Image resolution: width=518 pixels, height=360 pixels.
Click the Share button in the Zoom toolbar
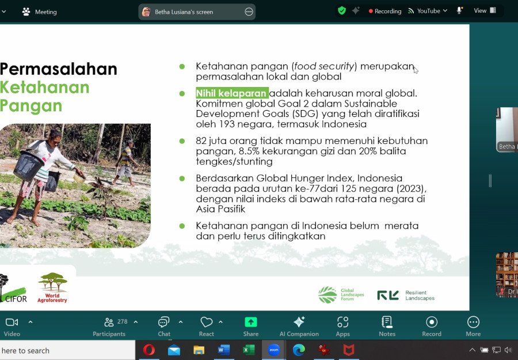click(x=251, y=326)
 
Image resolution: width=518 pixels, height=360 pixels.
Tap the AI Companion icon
click(x=299, y=322)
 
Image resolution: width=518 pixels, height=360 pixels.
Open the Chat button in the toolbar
click(x=164, y=326)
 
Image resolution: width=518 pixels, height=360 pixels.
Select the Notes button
click(x=387, y=326)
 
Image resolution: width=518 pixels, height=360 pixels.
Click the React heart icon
click(x=207, y=322)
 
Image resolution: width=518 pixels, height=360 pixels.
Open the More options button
click(x=473, y=326)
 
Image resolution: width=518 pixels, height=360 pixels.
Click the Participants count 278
click(x=122, y=321)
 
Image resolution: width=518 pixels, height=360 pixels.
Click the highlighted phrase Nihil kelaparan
click(x=231, y=93)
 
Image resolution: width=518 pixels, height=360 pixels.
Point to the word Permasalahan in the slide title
click(x=59, y=69)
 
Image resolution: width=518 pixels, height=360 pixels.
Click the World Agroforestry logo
click(x=52, y=287)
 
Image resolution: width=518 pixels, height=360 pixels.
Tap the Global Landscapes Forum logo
click(x=341, y=294)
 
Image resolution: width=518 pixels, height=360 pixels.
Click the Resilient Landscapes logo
click(x=406, y=295)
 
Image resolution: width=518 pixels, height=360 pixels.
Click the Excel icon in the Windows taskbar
click(x=249, y=350)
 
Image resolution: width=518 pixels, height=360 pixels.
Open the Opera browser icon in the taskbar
click(x=148, y=350)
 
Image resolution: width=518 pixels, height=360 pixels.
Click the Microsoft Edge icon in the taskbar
click(x=299, y=350)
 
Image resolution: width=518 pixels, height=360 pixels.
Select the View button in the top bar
click(x=485, y=10)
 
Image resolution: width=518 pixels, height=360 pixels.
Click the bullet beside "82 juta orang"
click(x=182, y=141)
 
